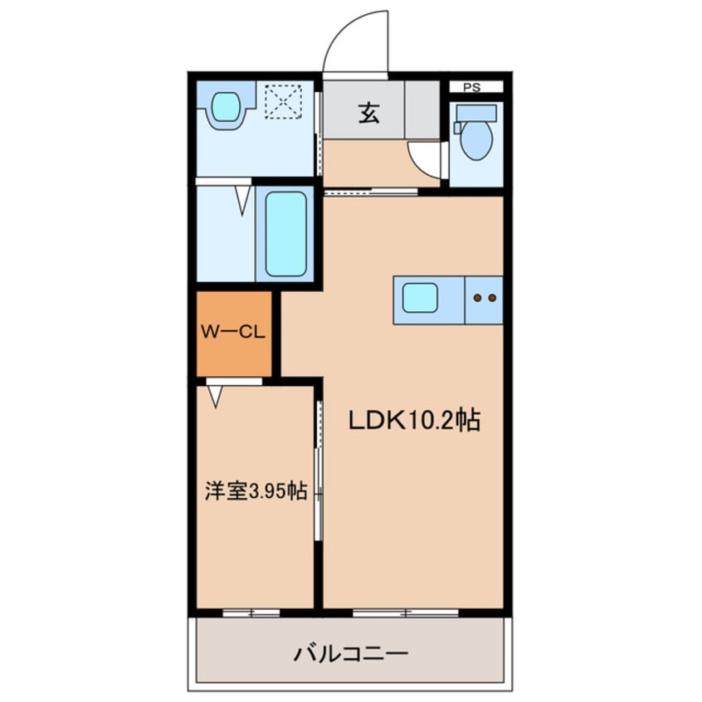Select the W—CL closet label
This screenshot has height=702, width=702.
(x=233, y=333)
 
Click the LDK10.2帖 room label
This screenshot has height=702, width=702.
(x=413, y=421)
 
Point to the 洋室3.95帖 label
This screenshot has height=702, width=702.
(x=256, y=490)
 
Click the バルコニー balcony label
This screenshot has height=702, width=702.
(x=351, y=653)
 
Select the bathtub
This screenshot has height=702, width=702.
(x=286, y=233)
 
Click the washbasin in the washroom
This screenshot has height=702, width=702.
(x=225, y=108)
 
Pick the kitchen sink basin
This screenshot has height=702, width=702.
(x=420, y=297)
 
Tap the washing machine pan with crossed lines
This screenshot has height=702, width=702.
(x=284, y=104)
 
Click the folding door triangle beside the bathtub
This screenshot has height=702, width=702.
(x=242, y=199)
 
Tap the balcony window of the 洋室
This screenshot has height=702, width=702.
(x=251, y=613)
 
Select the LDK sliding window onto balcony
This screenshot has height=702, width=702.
(x=406, y=613)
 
